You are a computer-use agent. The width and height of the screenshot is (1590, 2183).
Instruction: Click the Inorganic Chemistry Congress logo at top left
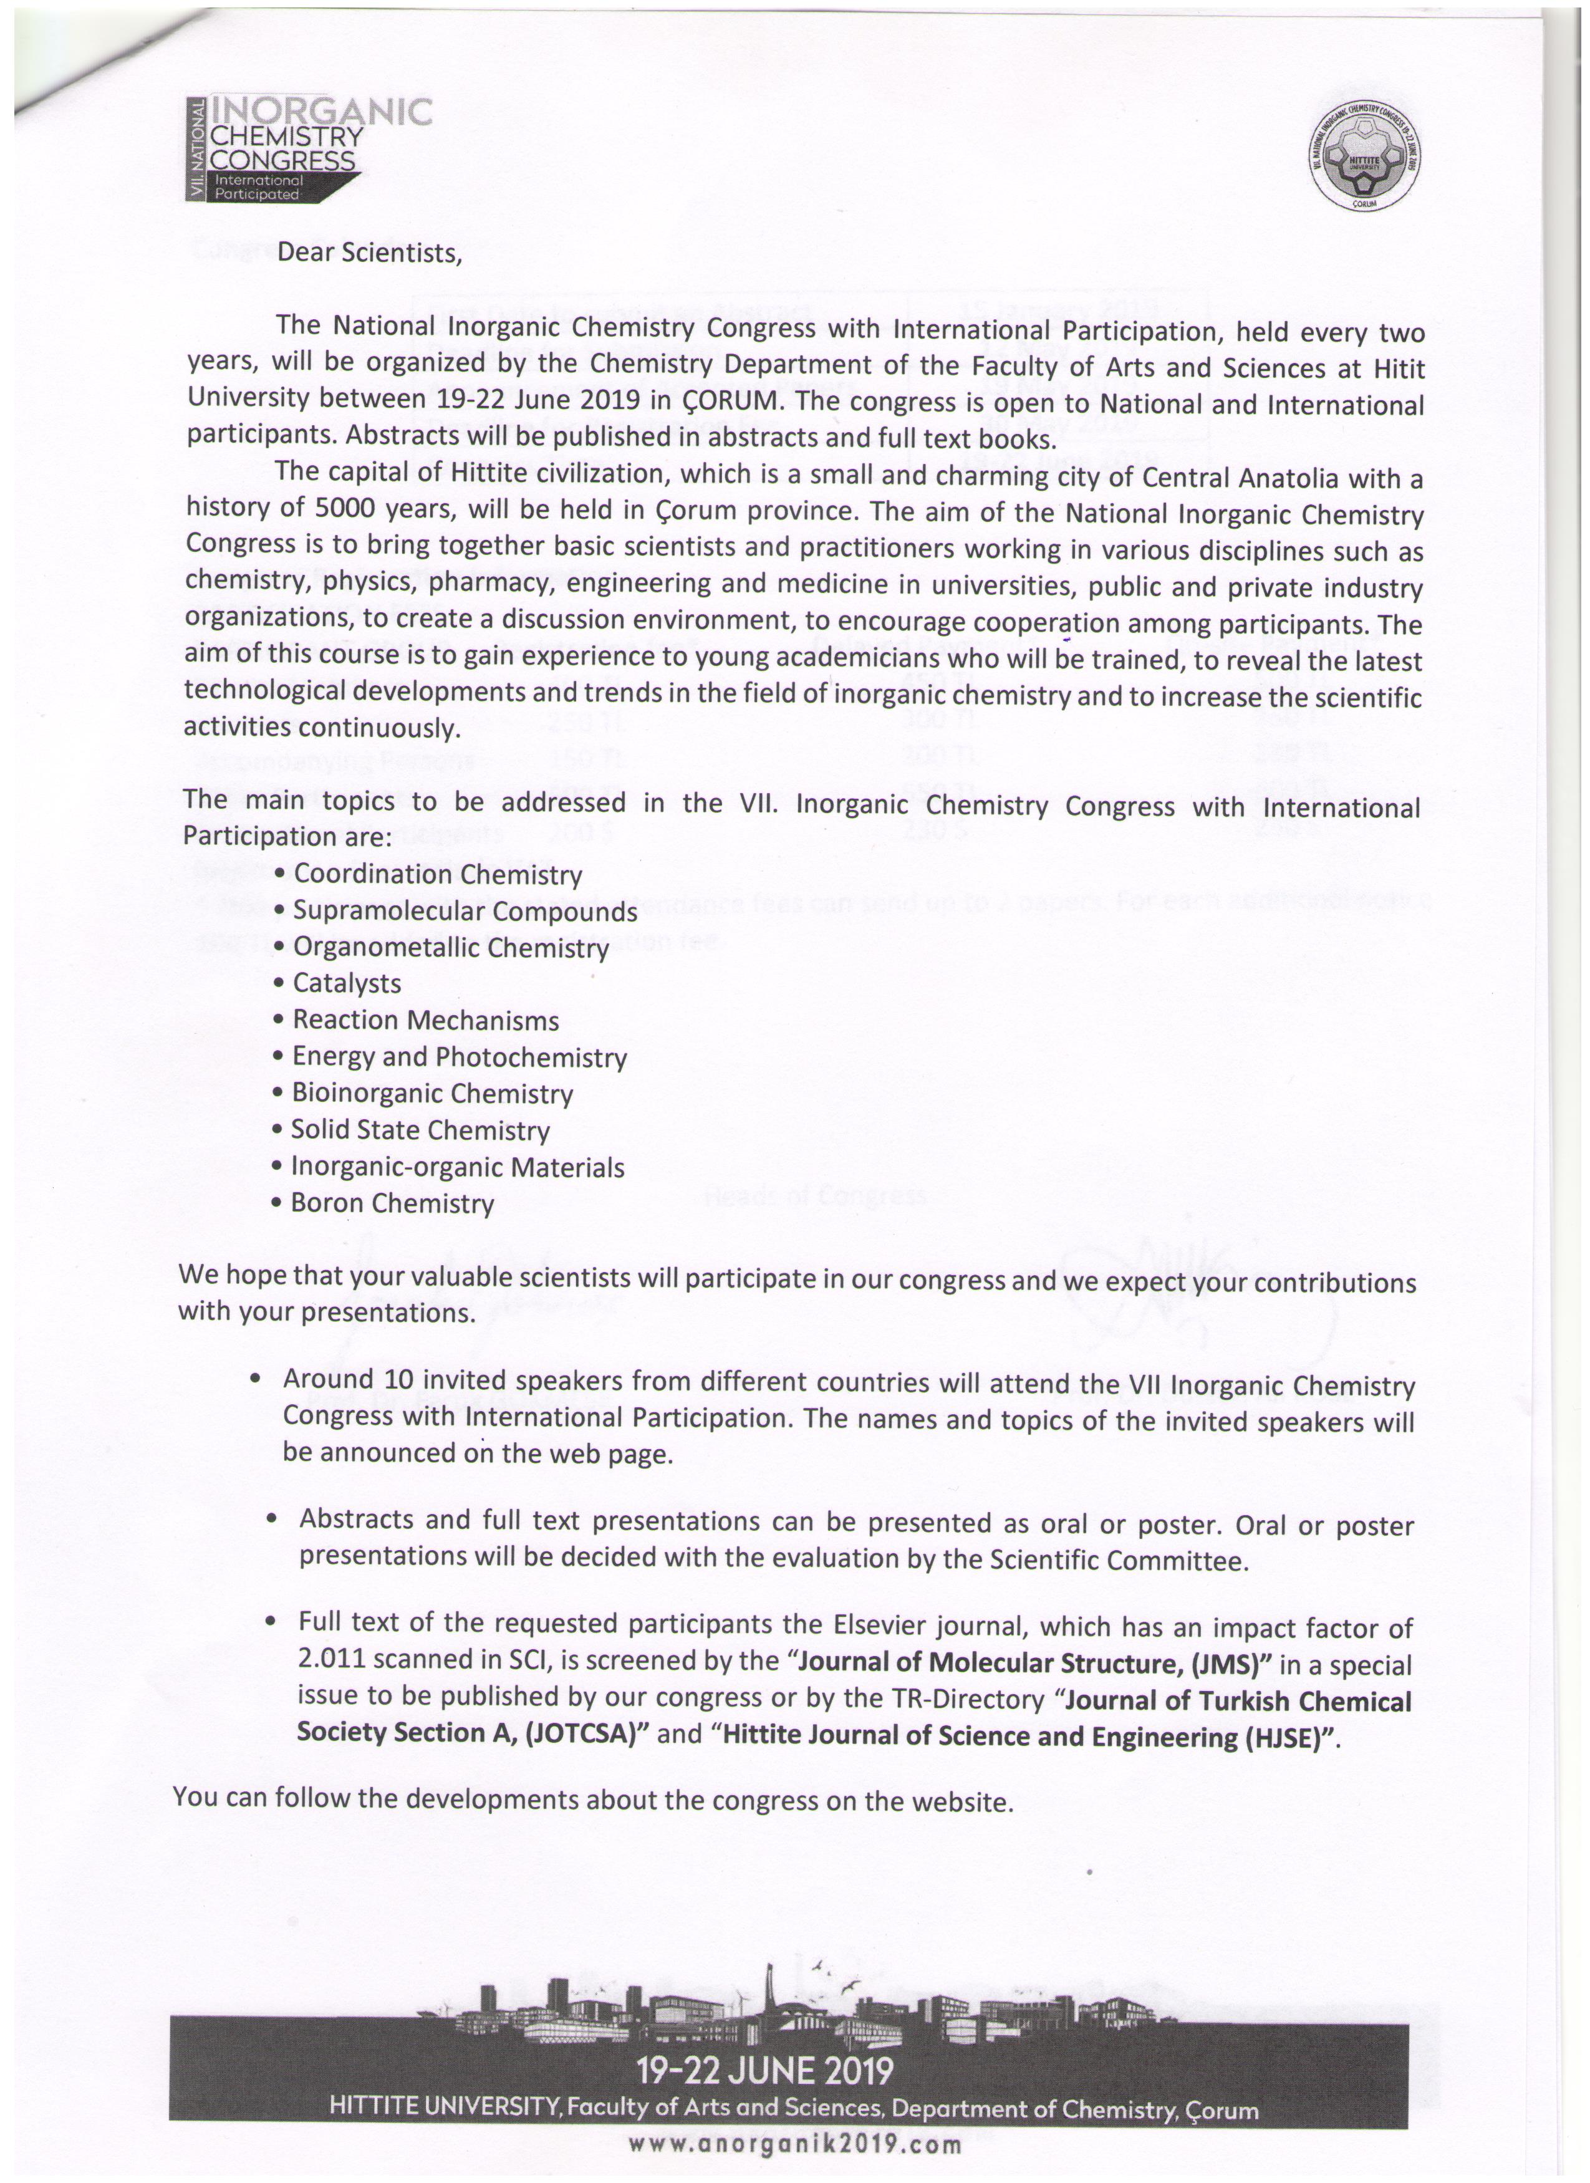point(308,148)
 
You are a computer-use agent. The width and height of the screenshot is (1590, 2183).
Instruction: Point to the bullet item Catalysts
point(347,984)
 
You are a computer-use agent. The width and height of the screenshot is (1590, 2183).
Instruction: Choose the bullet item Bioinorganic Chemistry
point(432,1094)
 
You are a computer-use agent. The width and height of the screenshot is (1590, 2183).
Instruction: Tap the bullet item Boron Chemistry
point(393,1204)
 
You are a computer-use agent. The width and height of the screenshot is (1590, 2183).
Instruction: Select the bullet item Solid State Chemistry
point(421,1131)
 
